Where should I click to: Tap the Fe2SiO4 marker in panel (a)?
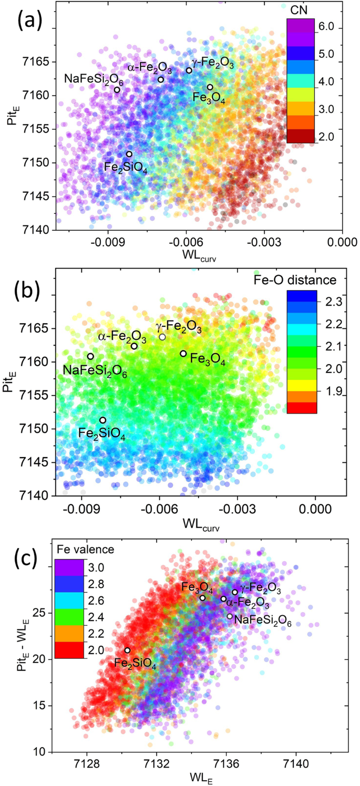(129, 154)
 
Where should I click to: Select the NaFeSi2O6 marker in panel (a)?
(117, 90)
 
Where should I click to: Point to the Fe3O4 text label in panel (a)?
(208, 98)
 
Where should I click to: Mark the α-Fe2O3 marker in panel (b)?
(134, 346)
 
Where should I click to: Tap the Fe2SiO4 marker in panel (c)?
(127, 650)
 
